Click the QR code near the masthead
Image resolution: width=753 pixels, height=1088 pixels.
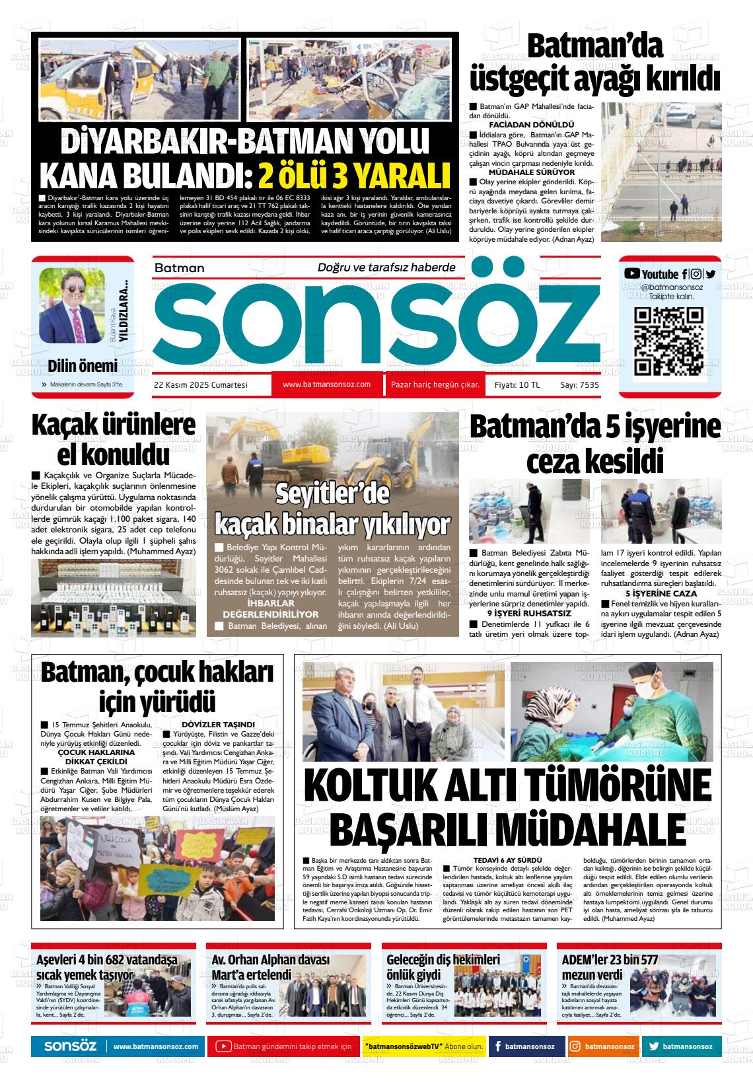click(668, 342)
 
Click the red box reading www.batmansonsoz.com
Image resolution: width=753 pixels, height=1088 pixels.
click(326, 384)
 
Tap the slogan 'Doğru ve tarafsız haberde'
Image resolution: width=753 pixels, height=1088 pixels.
click(386, 268)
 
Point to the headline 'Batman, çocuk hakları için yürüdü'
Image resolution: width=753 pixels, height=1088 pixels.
click(157, 687)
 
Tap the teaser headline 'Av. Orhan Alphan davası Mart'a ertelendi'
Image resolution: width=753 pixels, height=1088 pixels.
click(270, 967)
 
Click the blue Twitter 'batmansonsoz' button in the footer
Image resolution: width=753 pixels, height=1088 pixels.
click(680, 1046)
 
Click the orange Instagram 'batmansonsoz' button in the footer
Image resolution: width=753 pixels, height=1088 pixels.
click(602, 1046)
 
